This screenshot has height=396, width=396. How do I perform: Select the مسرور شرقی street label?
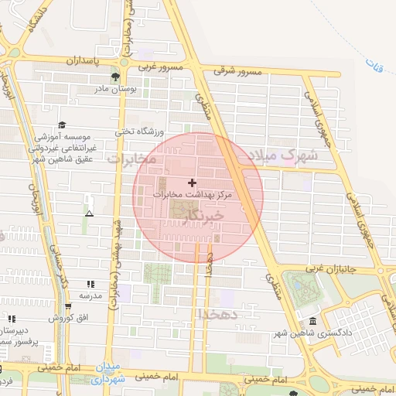coord(240,71)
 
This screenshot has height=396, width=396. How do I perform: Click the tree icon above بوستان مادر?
coord(115,77)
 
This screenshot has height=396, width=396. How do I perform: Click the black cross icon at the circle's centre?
coord(193,183)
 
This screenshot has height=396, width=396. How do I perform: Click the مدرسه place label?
coord(90,295)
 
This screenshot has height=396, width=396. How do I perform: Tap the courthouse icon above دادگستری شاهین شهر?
coord(312,321)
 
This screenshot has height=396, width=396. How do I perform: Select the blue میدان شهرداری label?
coord(106,374)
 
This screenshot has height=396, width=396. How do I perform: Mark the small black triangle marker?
coord(90,213)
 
